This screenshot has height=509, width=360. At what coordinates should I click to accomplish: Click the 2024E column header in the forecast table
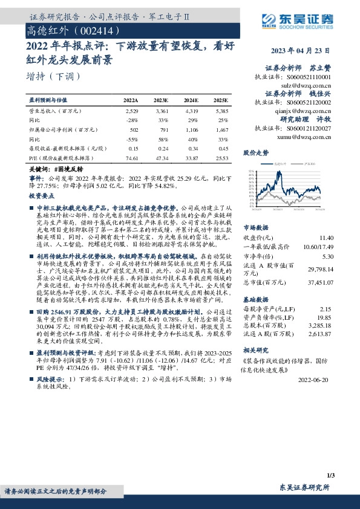[191, 100]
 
